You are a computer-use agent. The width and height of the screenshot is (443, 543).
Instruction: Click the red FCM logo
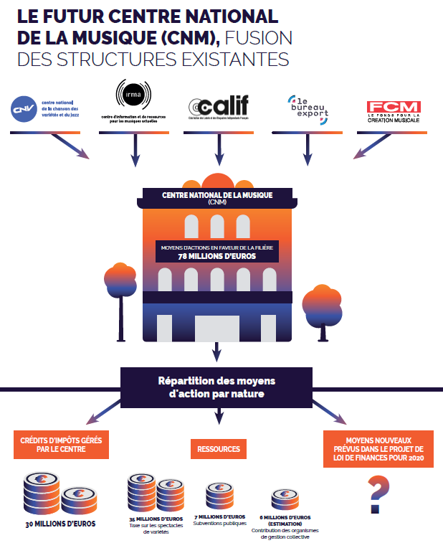393,108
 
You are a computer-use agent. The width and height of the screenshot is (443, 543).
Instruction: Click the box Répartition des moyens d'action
216,387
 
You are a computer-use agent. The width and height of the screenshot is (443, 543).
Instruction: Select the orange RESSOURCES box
219,449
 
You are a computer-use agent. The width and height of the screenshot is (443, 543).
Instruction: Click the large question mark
378,496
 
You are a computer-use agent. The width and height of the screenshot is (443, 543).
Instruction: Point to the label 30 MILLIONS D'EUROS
59,524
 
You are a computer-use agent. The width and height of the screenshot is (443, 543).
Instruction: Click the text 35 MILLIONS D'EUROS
156,518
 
